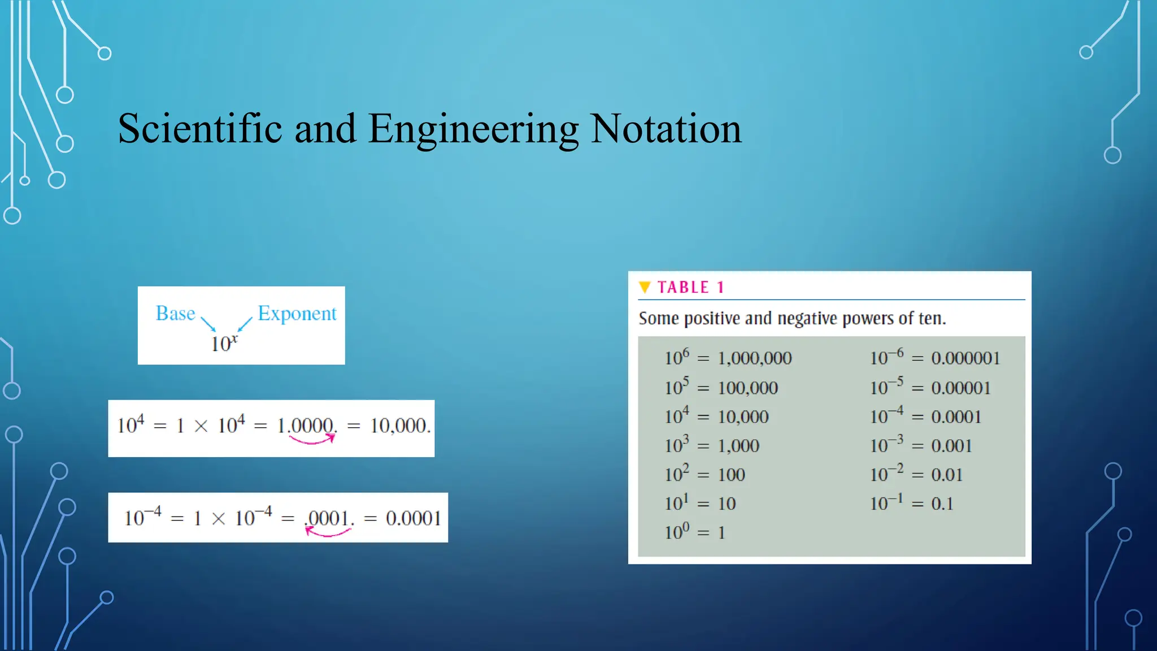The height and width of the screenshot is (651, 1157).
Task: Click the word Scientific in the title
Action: tap(199, 129)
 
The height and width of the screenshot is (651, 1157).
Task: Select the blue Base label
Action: tap(175, 314)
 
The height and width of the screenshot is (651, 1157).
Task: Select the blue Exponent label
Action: tap(297, 314)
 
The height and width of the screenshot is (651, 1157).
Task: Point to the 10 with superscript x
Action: tap(224, 343)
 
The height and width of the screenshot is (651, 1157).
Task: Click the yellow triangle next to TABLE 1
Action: tap(645, 287)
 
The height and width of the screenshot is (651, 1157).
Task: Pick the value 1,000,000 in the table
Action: tap(755, 358)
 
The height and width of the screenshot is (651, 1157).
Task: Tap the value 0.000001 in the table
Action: tap(965, 358)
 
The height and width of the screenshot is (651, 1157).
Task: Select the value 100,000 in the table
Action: tap(748, 388)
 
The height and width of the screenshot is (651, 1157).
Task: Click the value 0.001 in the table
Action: tap(951, 446)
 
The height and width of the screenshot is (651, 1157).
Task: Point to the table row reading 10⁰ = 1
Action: tap(694, 532)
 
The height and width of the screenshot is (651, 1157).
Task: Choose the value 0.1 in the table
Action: tap(942, 504)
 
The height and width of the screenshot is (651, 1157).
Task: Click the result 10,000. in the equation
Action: tap(400, 426)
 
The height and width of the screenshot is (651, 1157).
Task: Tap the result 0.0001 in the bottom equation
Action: tap(413, 518)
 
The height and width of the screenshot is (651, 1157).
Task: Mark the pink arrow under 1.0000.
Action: tap(312, 440)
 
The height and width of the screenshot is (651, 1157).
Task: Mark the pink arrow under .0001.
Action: tap(328, 532)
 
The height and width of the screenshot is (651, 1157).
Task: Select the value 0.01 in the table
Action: tap(947, 475)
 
